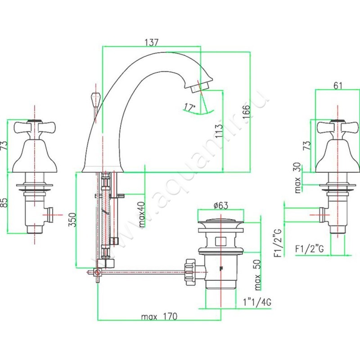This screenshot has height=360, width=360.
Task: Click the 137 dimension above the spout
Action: click(x=152, y=43)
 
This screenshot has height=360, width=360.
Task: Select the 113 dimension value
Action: click(x=219, y=131)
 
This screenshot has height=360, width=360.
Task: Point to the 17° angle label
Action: click(x=190, y=107)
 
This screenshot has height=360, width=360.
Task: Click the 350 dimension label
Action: click(x=72, y=220)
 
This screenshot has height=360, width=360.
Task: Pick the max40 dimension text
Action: click(x=142, y=214)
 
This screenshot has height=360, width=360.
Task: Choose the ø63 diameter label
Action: click(x=220, y=205)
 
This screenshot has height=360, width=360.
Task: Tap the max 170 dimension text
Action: click(x=159, y=316)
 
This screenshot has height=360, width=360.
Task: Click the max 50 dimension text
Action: click(x=257, y=274)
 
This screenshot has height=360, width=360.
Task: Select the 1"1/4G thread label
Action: click(x=257, y=302)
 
